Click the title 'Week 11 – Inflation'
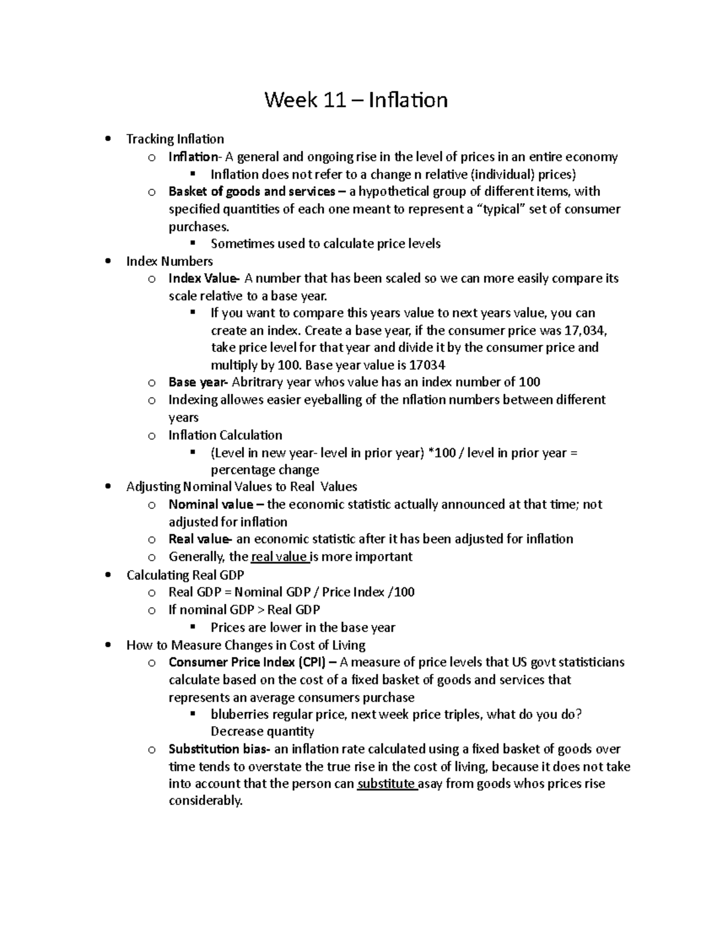point(356,99)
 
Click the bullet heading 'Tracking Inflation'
point(175,139)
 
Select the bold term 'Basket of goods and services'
point(252,192)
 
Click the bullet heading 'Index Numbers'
point(170,261)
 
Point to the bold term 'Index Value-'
point(204,278)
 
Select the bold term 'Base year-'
point(198,382)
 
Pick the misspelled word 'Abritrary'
point(256,382)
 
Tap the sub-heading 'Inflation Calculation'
point(225,435)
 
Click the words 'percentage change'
point(265,470)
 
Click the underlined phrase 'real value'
point(278,557)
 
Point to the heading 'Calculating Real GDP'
point(185,575)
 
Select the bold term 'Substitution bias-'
point(219,749)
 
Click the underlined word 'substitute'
point(386,784)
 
